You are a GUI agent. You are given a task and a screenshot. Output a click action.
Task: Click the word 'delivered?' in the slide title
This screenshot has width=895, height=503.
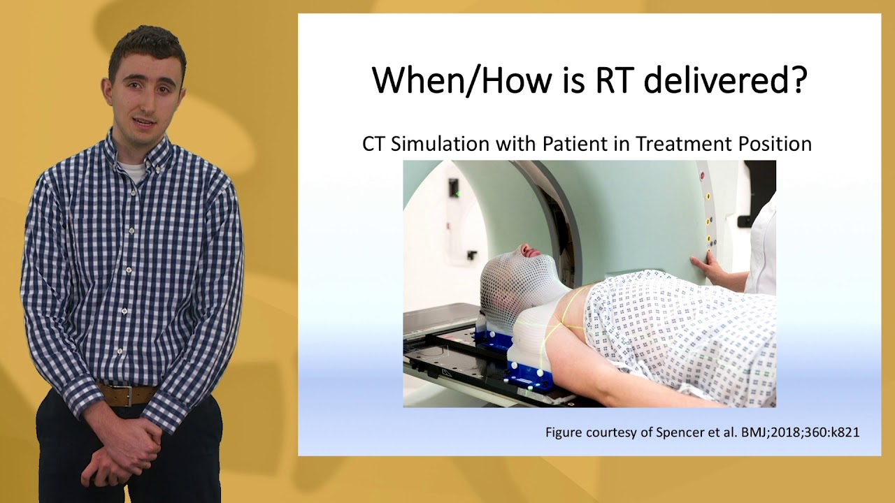pos(725,80)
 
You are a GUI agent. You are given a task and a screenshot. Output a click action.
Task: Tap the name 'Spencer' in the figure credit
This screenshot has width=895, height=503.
pos(684,432)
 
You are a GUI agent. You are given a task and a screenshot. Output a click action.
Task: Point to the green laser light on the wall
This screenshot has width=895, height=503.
pos(456,191)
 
